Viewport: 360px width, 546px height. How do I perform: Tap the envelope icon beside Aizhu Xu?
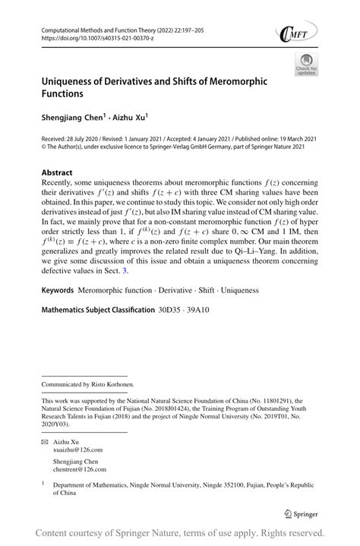tap(46, 440)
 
